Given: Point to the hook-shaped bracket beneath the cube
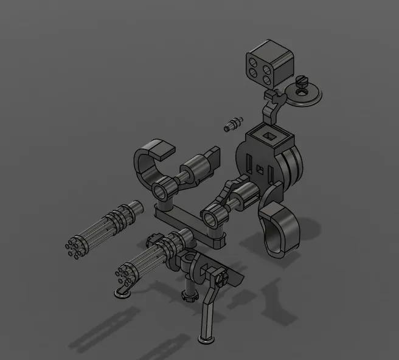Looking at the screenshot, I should (271, 107).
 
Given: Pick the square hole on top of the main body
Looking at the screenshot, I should (268, 133).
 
